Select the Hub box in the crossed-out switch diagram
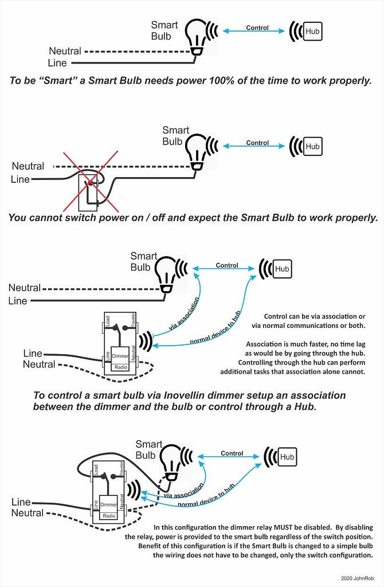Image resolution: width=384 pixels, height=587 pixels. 312,146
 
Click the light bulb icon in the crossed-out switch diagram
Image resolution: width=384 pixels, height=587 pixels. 198,150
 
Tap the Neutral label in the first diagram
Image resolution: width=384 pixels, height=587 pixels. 65,51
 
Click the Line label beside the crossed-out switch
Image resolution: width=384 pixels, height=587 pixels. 21,179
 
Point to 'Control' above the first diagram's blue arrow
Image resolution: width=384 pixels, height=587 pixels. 257,28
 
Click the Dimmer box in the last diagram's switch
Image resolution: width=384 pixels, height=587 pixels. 109,504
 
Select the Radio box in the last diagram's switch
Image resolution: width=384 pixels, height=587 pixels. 108,516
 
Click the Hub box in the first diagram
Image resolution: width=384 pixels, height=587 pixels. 312,32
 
